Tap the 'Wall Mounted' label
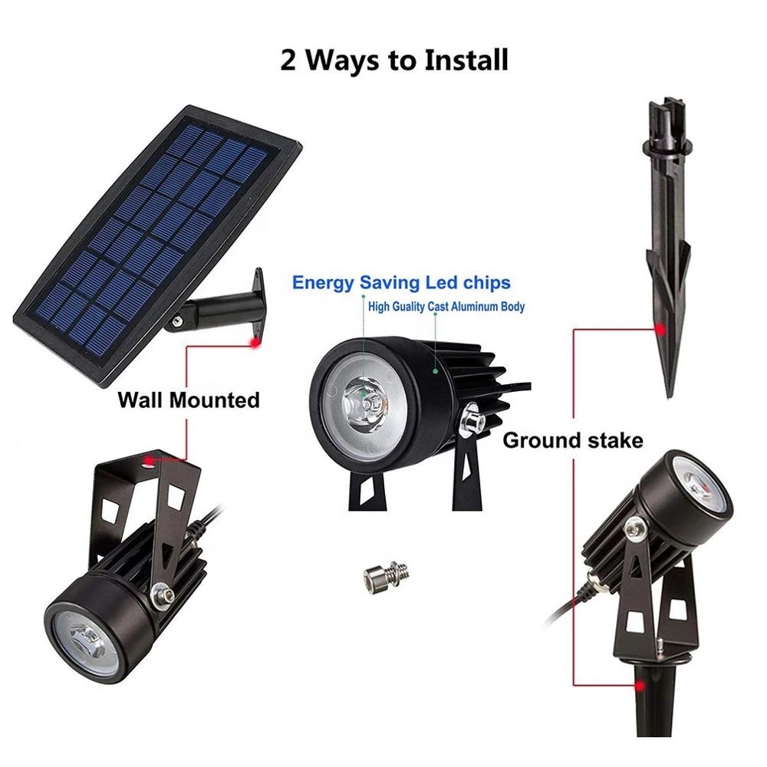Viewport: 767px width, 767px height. pos(189,400)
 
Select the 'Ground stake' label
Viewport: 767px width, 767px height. pos(572,440)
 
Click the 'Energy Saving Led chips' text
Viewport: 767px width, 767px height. pos(400,283)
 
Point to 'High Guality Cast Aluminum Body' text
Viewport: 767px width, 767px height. pos(446,307)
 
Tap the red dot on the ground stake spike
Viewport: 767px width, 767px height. pos(659,329)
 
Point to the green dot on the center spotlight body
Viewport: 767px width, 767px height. pos(435,370)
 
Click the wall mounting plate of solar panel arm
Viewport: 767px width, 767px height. pos(258,292)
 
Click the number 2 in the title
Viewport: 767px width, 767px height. pos(290,59)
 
